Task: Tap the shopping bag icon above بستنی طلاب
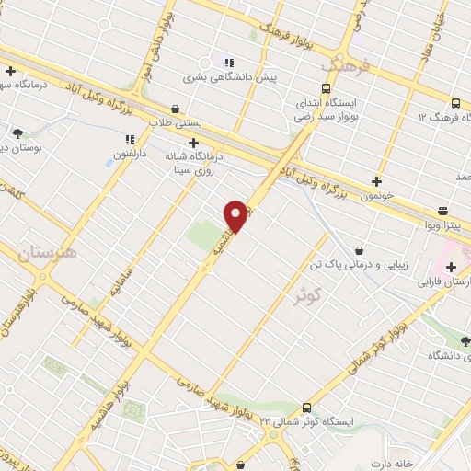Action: [175, 109]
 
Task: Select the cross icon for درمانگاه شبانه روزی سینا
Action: [193, 143]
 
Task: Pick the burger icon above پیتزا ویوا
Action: [442, 210]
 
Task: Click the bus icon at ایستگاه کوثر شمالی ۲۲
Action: [306, 408]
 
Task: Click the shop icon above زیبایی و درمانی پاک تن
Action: [359, 249]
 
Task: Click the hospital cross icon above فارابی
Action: [451, 268]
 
